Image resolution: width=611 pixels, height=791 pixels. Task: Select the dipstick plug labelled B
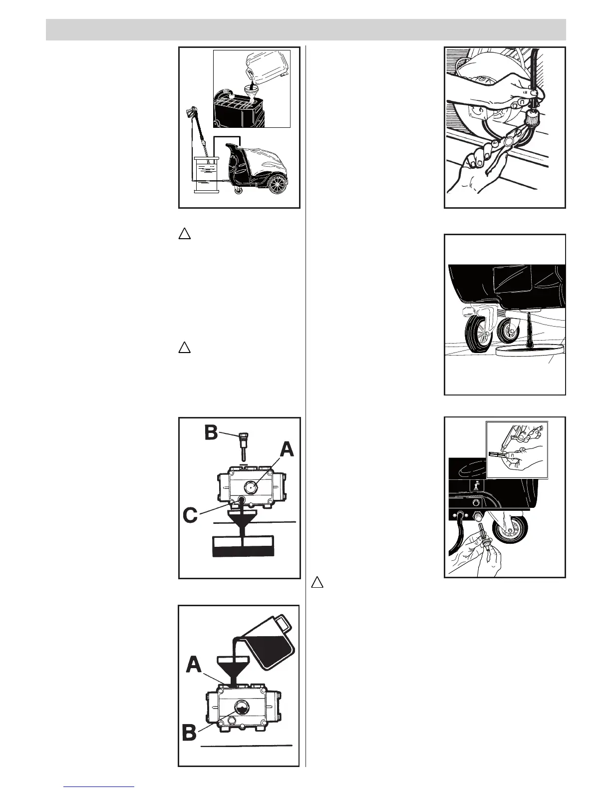pos(242,446)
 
